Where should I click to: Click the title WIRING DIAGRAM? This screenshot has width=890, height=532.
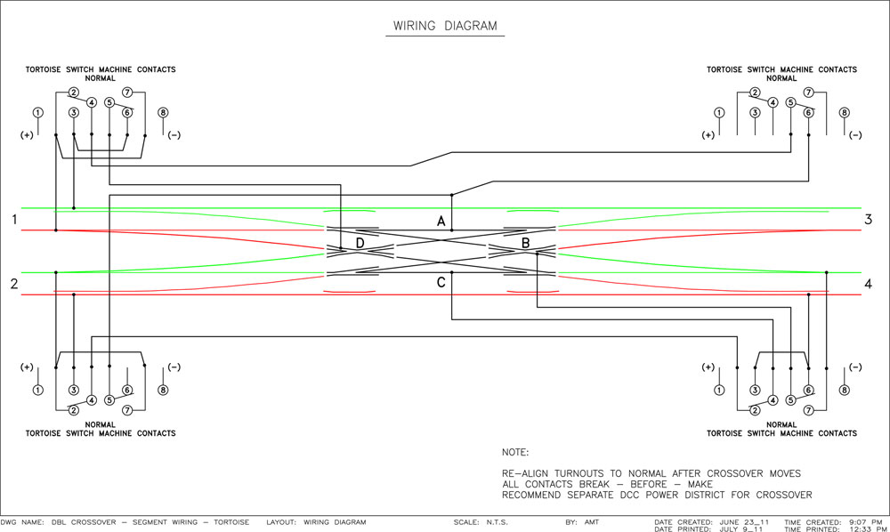pos(445,26)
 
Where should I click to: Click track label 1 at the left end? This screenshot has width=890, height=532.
pos(14,219)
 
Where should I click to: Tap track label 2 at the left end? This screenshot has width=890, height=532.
pos(14,283)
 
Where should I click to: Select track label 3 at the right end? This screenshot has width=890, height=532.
pos(868,219)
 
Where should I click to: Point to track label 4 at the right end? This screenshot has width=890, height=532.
pos(868,283)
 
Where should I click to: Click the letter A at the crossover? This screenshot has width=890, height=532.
pos(441,222)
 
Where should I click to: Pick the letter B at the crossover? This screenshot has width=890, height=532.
pos(526,243)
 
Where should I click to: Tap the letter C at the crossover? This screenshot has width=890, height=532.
pos(441,282)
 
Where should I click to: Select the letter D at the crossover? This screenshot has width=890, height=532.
pos(360,243)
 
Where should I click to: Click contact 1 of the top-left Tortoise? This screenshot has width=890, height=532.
pos(38,112)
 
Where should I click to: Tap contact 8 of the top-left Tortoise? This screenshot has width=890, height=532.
pos(163,112)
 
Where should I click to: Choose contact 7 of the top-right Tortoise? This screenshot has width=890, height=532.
pos(808,92)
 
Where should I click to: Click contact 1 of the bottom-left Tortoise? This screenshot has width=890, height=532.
pos(38,391)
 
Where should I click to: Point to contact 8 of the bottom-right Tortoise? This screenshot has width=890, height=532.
pos(844,391)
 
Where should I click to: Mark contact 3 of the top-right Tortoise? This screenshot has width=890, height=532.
pos(755,112)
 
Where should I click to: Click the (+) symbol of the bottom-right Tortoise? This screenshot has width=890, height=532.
pos(708,367)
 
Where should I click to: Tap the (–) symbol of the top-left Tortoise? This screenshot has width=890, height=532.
pos(174,135)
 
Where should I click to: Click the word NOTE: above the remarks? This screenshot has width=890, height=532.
pos(514,452)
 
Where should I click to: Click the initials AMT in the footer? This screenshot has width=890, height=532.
pos(592,522)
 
